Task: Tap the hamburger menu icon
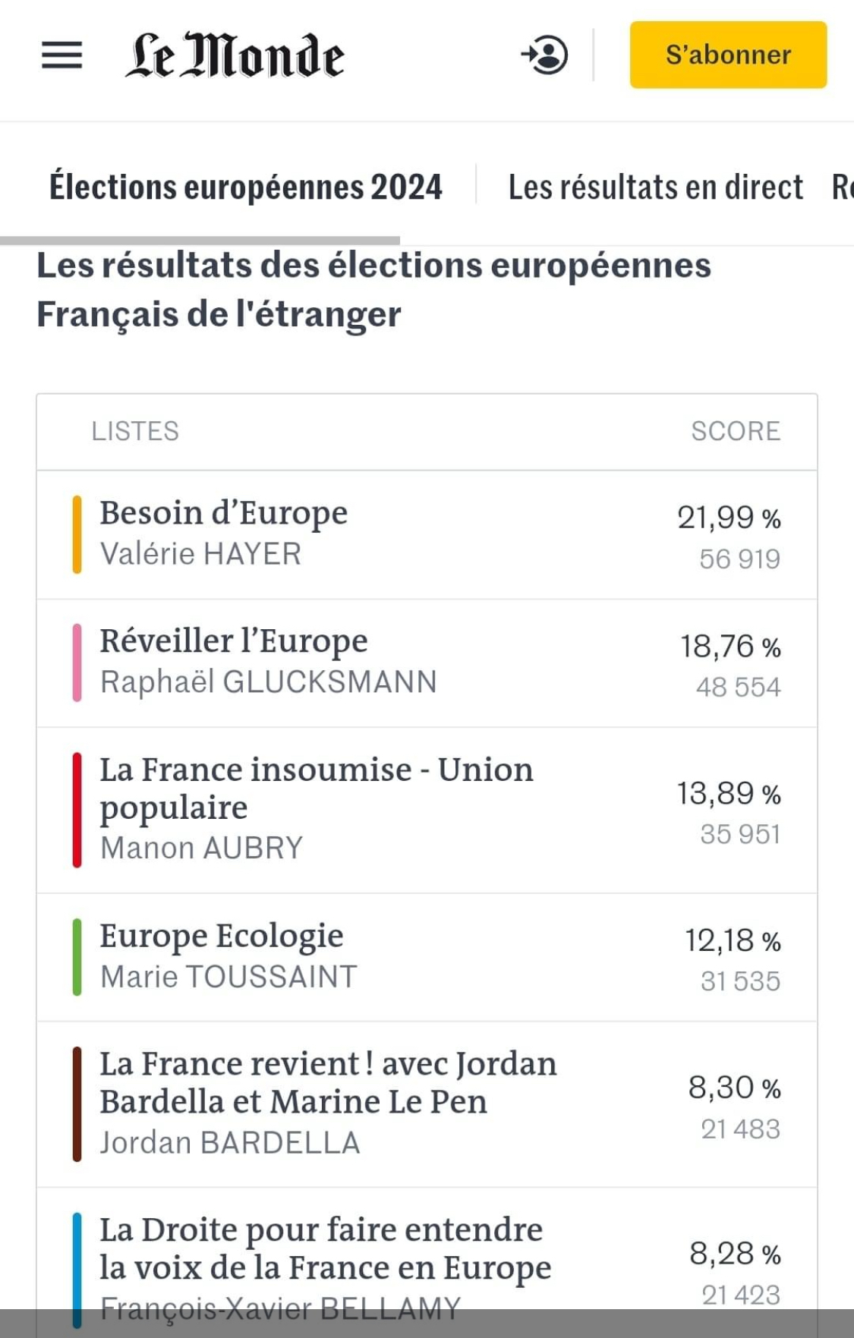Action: tap(61, 55)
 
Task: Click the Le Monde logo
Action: tap(235, 55)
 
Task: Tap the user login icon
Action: tap(545, 55)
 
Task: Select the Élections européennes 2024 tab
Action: tap(245, 187)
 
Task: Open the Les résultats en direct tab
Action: tap(655, 187)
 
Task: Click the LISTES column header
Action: tap(135, 431)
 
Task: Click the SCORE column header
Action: tap(735, 431)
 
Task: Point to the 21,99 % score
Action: tap(729, 518)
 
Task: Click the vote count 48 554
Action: tap(738, 687)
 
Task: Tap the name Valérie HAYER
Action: tap(200, 554)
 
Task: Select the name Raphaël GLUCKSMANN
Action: tap(268, 682)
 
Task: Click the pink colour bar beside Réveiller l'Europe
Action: tap(77, 662)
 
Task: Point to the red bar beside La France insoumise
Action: tap(77, 809)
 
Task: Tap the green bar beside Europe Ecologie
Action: tap(77, 956)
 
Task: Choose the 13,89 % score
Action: tap(729, 794)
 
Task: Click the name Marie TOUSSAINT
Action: tap(228, 977)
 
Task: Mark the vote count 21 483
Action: tap(740, 1129)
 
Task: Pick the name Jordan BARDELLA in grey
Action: tap(230, 1143)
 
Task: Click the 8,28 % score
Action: tap(734, 1254)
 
